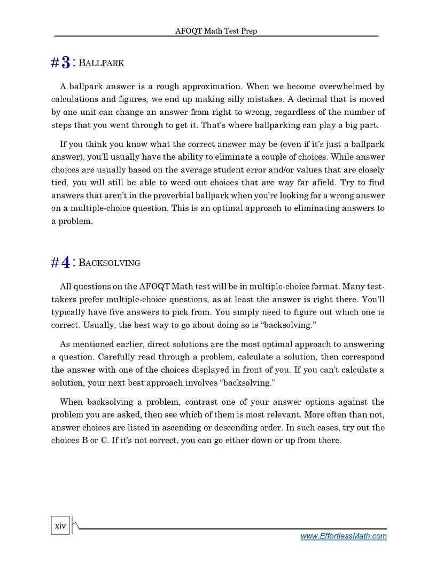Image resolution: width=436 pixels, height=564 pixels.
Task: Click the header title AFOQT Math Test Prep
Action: [x=216, y=31]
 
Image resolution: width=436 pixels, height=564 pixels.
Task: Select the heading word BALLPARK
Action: [x=102, y=64]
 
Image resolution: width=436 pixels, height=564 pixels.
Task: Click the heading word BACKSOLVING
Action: [x=110, y=263]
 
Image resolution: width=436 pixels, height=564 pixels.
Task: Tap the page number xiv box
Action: [x=60, y=526]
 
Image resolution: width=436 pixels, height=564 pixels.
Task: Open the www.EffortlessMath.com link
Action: [x=343, y=536]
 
